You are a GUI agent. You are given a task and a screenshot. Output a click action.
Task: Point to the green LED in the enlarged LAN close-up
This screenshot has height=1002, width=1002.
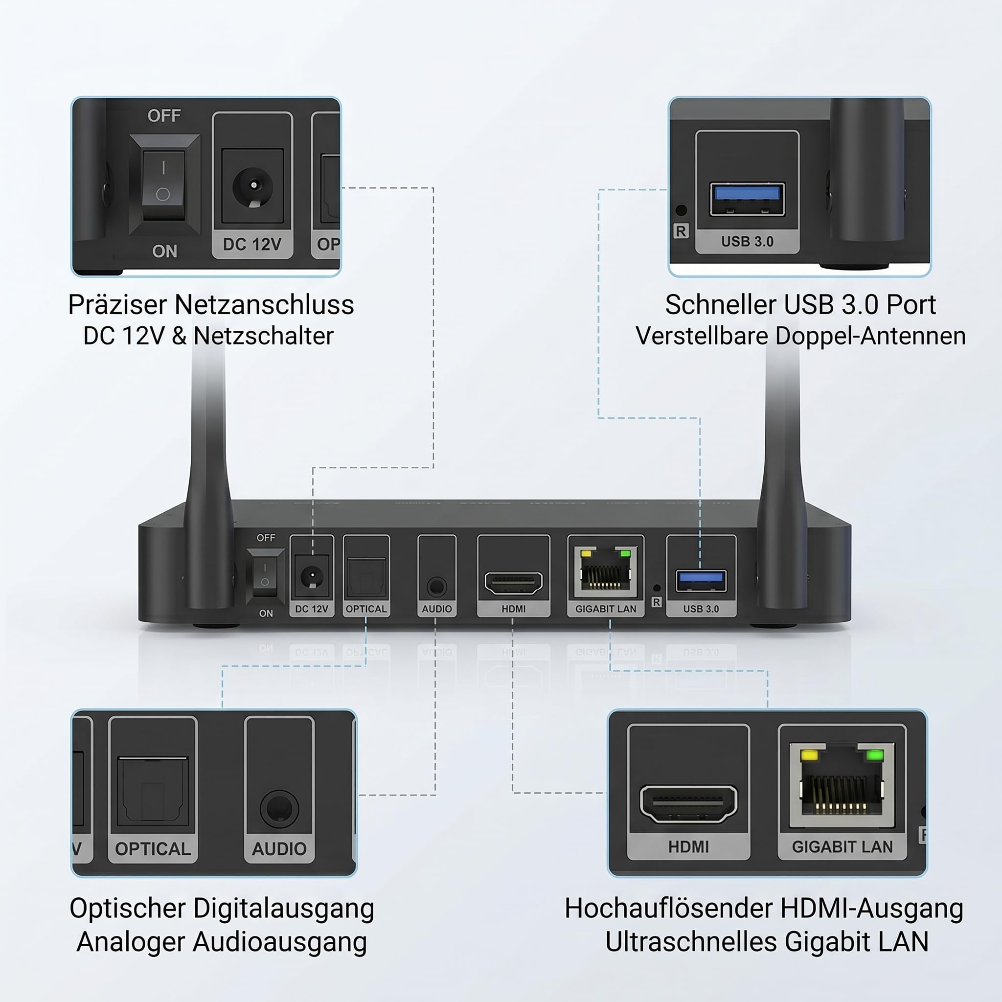point(875,754)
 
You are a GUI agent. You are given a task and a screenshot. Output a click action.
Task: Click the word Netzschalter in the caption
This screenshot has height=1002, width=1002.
point(264,336)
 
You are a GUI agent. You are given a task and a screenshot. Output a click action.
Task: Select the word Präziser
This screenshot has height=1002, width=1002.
point(118,305)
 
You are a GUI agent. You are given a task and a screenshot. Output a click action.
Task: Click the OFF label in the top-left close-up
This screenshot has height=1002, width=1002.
point(164,115)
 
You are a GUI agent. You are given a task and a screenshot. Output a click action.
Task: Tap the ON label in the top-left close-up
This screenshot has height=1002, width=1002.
point(164,251)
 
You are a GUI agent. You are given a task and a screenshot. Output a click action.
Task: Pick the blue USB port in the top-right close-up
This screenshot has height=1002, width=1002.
point(748,199)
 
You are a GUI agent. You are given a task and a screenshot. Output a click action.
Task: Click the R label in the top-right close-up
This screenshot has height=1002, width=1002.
point(681,231)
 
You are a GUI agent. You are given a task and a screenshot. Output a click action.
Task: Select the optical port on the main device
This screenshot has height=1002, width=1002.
point(366,578)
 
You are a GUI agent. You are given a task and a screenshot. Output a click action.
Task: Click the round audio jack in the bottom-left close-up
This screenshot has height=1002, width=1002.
point(279,809)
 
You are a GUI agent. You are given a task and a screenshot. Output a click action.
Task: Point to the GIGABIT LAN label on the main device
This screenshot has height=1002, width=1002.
point(606,609)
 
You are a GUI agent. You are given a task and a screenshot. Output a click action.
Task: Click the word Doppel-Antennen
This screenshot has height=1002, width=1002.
point(870,336)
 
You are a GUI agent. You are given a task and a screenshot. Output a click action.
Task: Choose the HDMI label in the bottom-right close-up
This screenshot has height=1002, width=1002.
point(688,847)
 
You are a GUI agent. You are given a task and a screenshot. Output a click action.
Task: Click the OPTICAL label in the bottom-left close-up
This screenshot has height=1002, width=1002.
point(153,849)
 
